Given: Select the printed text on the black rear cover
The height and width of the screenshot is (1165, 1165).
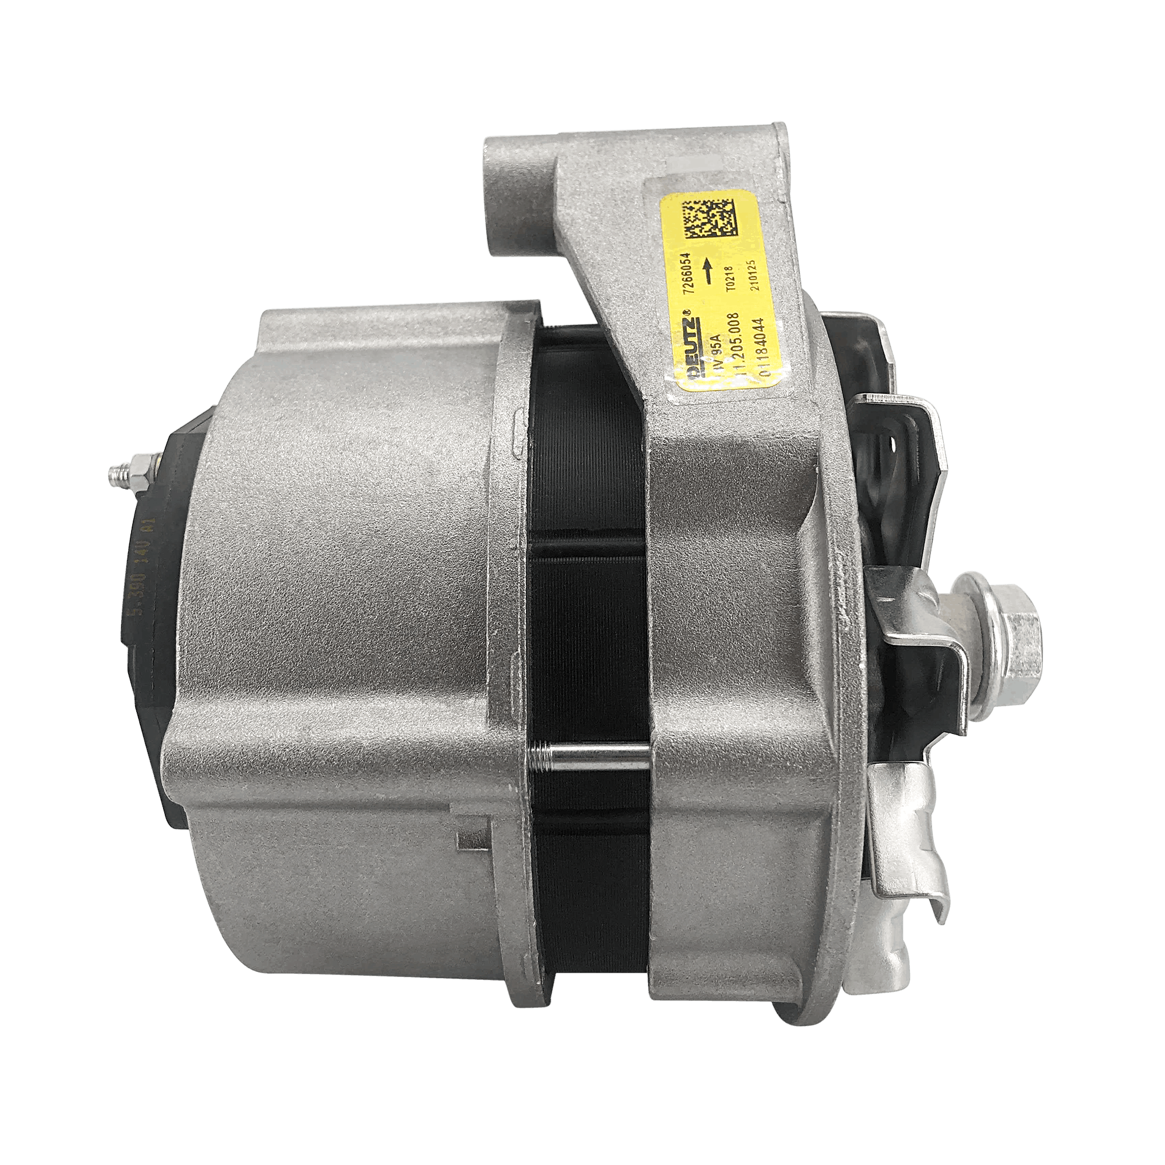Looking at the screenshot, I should tap(139, 566).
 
